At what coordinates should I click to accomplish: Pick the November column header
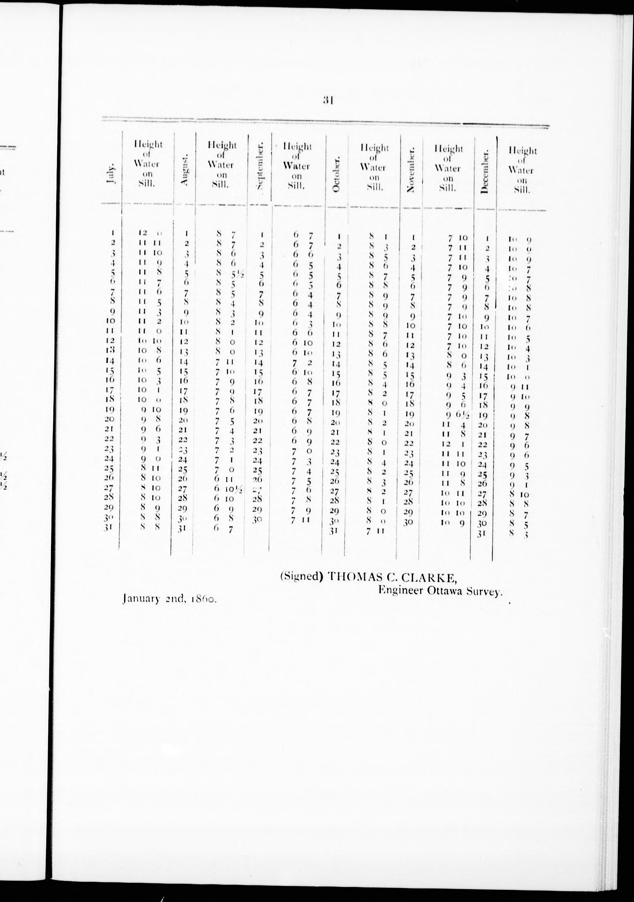click(x=411, y=171)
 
